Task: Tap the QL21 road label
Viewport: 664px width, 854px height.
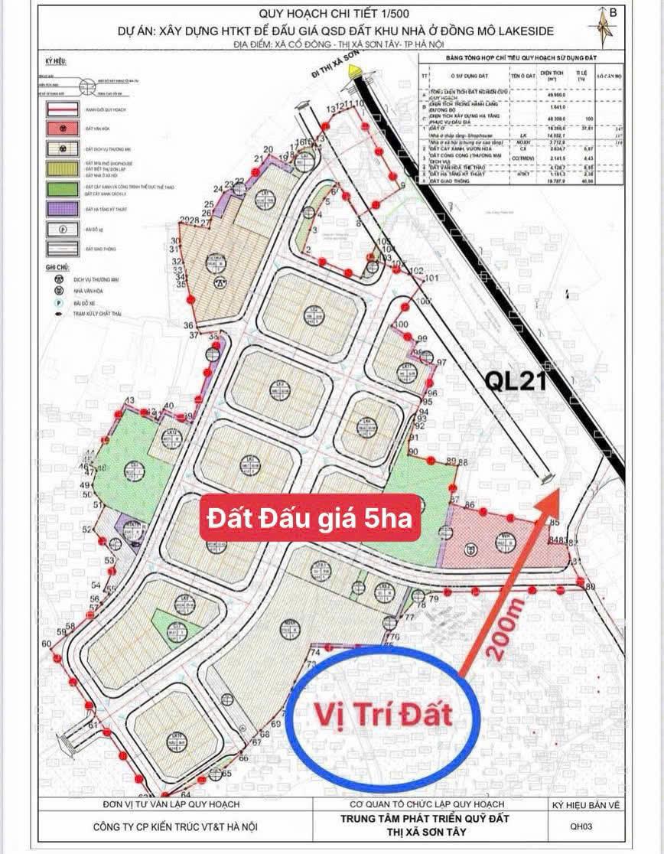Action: (x=517, y=381)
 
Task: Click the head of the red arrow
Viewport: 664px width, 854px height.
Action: (x=558, y=494)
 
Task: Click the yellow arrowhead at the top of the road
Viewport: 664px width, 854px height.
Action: (x=353, y=71)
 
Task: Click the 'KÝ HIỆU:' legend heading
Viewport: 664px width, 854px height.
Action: (x=56, y=61)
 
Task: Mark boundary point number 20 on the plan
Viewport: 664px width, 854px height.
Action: (x=269, y=149)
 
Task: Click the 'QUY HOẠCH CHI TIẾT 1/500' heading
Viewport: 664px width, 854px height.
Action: (x=331, y=12)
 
